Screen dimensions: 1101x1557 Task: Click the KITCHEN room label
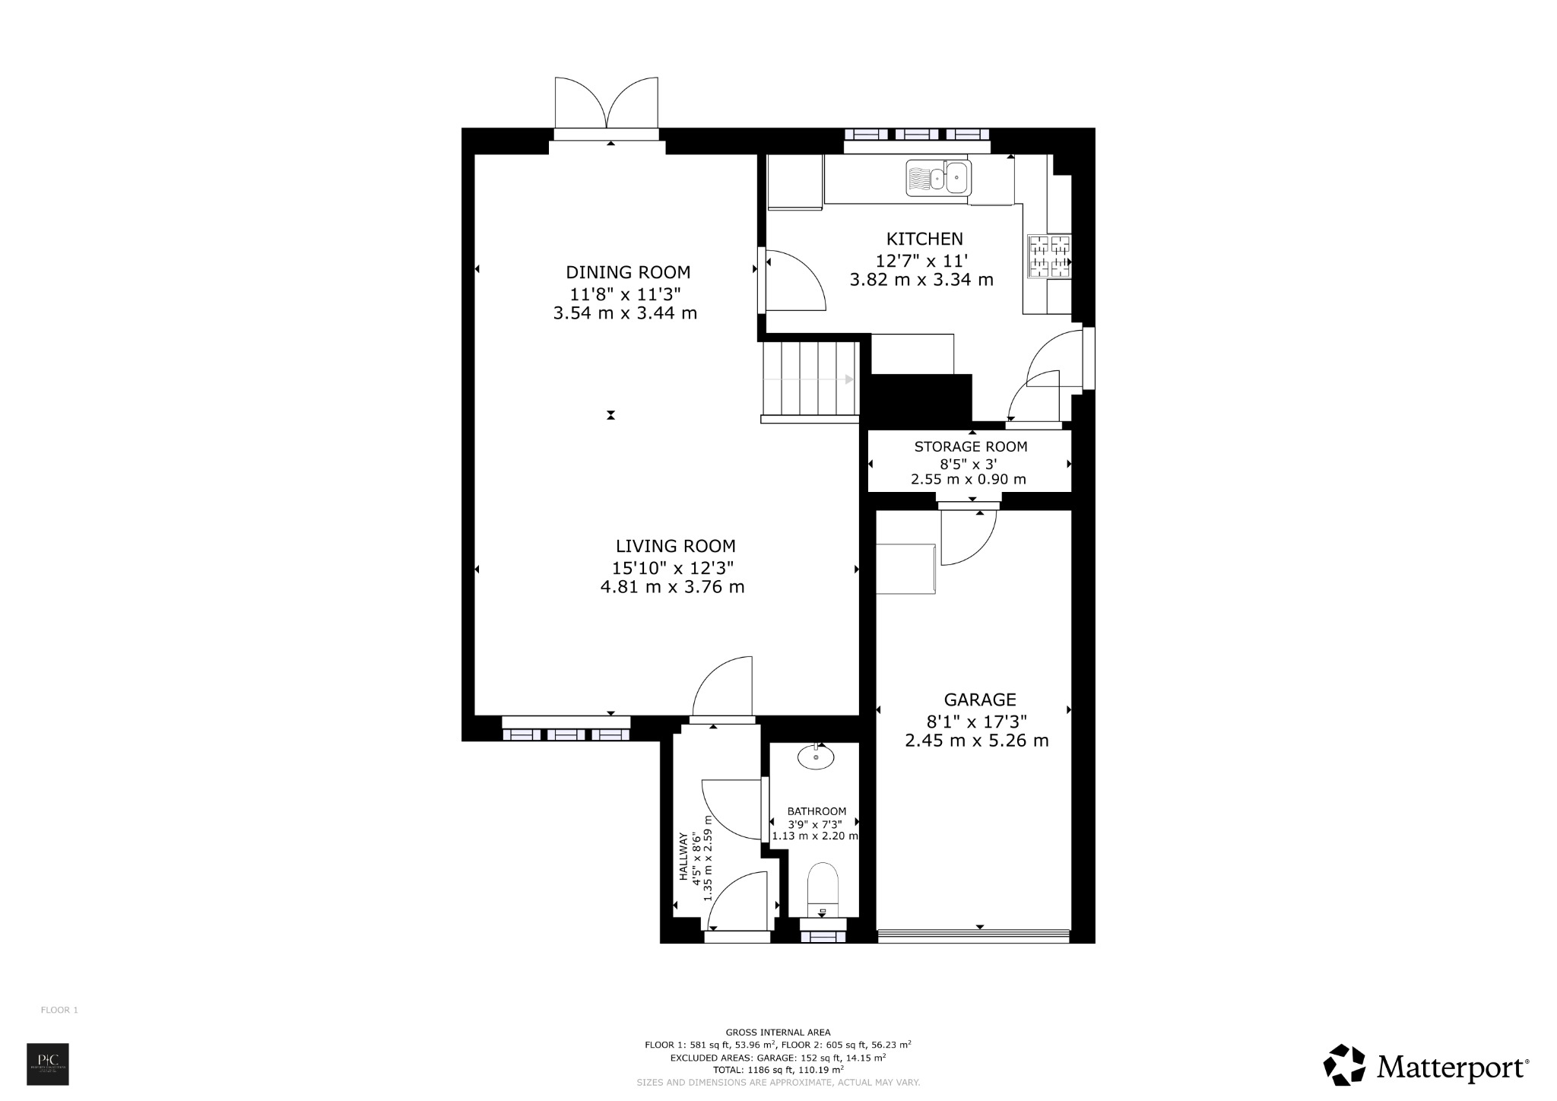tap(924, 239)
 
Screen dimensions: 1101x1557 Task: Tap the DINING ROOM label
tap(628, 272)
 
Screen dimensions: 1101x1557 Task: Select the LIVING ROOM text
tap(675, 546)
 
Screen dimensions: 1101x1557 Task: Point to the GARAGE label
tap(979, 700)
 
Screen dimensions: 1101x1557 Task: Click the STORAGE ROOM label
tap(970, 447)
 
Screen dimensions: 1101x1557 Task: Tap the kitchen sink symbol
tap(938, 178)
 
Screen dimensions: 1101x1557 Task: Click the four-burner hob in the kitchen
tap(1049, 256)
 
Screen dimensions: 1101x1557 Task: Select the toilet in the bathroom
tap(822, 890)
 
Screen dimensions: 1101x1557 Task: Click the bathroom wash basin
tap(816, 757)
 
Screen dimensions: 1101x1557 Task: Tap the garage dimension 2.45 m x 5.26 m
tap(976, 741)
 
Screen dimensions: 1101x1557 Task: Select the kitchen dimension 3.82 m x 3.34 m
tap(921, 280)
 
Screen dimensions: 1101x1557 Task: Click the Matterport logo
tap(1426, 1066)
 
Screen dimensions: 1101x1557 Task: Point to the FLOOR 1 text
tap(59, 1011)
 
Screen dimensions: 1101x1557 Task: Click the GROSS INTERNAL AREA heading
tap(778, 1033)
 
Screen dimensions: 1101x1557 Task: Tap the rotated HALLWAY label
tap(683, 857)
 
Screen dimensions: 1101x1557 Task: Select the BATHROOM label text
tap(816, 811)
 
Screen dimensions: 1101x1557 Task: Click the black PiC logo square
tap(48, 1065)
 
